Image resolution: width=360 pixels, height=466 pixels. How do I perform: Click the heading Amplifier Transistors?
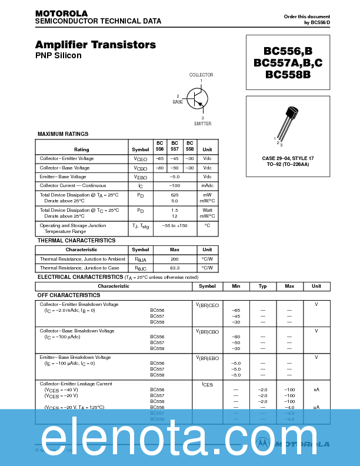coord(95,45)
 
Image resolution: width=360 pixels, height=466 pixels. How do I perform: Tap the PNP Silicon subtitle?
coord(58,56)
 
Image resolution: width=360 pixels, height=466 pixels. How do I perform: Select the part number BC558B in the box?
coord(287,75)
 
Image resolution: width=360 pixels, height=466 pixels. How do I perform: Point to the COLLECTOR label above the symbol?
coord(201,75)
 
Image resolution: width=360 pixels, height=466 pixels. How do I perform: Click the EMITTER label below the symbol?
coord(202,124)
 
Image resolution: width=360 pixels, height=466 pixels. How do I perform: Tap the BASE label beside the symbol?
coord(178,102)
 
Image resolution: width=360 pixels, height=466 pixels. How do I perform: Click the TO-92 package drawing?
coord(288,124)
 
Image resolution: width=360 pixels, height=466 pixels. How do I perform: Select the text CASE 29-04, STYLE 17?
coord(288,158)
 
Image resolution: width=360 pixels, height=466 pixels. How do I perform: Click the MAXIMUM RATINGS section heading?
coord(63,134)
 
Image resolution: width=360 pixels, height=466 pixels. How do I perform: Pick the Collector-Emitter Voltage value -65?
coord(159,159)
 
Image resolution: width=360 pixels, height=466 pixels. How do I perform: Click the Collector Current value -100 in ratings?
coord(174,185)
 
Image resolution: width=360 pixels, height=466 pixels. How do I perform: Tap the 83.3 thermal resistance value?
coord(174,268)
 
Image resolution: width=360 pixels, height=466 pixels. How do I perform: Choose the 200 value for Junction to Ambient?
coord(174,259)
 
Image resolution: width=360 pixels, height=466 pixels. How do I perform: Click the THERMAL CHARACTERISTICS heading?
coord(76,241)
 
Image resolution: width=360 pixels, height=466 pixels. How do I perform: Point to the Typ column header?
coord(262,287)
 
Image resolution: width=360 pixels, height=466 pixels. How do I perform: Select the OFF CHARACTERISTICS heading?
coord(69,295)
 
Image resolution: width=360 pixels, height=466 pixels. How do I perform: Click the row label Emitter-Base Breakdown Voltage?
coord(75,357)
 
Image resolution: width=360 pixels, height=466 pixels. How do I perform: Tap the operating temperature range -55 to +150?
coord(174,225)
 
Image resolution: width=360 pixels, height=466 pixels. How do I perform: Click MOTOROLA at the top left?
coord(61,13)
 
